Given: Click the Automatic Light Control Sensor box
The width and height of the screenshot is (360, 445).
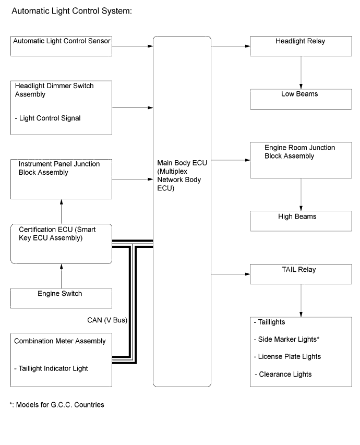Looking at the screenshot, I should [62, 46].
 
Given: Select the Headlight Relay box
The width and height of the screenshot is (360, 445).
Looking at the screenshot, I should [301, 46].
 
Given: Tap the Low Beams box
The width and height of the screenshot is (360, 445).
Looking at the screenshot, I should [301, 99].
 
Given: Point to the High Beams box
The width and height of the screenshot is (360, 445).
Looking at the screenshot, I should [301, 221].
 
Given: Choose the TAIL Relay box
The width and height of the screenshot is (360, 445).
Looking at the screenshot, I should [301, 273].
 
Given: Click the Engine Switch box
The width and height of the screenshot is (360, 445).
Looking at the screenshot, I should [62, 298].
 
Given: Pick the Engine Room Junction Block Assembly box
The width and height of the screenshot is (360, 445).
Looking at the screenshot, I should [301, 160].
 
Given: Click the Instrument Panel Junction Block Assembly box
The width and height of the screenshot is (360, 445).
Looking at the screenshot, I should [62, 178].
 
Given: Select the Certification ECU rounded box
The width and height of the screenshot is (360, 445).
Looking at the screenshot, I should [62, 244].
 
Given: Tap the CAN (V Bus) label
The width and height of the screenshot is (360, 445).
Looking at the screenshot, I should [107, 319].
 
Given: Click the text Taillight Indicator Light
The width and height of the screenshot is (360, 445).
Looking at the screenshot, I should [51, 368].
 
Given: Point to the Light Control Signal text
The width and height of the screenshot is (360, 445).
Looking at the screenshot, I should [48, 118].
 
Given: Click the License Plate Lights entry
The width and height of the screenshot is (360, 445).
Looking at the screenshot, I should [290, 356].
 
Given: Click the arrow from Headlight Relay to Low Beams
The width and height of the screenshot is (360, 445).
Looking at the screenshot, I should [301, 72].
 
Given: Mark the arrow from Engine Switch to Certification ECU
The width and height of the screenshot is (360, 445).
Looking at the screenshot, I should [62, 276].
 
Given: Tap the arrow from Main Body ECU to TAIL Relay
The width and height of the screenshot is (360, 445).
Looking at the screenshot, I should [230, 273].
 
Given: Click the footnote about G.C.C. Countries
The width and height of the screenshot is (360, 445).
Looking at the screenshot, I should [56, 405].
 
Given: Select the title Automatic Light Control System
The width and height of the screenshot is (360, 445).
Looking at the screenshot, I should [71, 10].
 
